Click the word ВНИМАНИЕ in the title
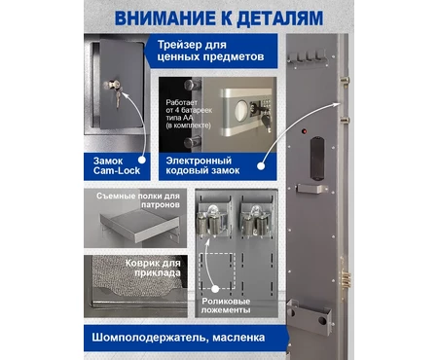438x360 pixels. [165, 18]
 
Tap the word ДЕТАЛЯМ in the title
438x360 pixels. [279, 18]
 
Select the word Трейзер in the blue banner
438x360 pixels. [192, 45]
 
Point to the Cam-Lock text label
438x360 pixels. [117, 170]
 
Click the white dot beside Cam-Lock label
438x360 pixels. [142, 160]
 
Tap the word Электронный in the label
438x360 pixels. [199, 161]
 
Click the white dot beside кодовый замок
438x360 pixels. [261, 166]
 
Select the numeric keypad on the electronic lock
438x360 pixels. [266, 105]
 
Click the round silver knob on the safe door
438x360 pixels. [241, 111]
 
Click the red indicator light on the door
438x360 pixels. [305, 131]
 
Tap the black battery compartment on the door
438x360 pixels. [317, 159]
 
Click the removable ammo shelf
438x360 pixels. [140, 226]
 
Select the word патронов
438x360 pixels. [161, 205]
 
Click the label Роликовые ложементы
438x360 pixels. [226, 306]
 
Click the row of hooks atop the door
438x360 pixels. [308, 57]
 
